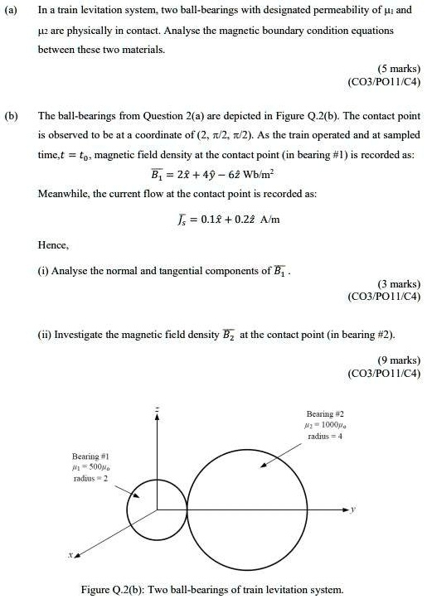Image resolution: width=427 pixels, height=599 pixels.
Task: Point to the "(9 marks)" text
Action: click(395, 360)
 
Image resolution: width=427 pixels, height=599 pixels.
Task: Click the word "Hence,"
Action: click(53, 246)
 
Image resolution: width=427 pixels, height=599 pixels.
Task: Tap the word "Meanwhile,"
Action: click(67, 196)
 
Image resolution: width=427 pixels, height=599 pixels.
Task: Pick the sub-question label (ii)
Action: click(46, 334)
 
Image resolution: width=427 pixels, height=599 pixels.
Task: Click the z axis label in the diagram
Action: click(157, 409)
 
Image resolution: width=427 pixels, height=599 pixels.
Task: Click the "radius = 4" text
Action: click(325, 435)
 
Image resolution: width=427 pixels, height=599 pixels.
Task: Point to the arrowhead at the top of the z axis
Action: click(157, 419)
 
